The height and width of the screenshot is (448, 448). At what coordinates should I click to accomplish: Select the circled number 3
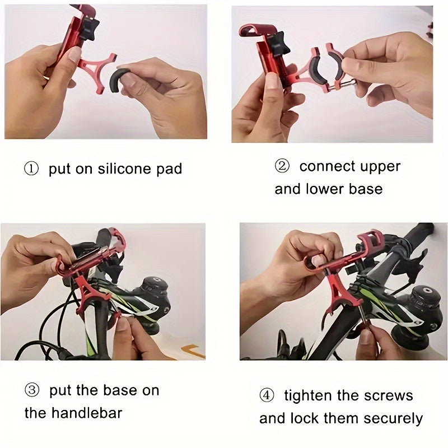[31, 390]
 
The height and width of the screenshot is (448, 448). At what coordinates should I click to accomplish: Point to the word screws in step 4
[386, 396]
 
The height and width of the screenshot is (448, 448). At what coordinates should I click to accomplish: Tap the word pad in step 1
[169, 169]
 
